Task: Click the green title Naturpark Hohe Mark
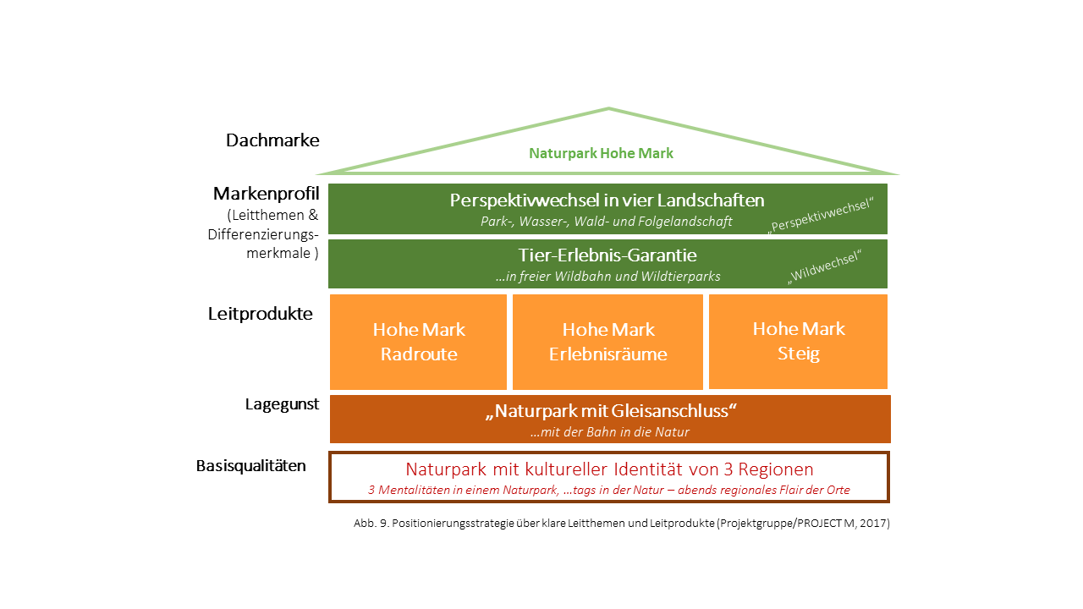coord(601,153)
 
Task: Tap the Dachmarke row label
coord(272,140)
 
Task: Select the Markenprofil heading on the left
coord(267,194)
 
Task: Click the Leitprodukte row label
coord(260,314)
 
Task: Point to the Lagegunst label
coord(282,404)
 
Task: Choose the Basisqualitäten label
coord(251,465)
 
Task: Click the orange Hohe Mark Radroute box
coord(418,342)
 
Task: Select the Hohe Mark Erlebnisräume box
coord(607,342)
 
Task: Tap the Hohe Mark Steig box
coord(798,341)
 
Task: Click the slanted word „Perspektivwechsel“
coord(821,215)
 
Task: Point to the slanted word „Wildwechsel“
coord(825,266)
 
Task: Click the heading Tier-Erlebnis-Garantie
coord(607,255)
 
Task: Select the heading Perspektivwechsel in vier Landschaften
coord(607,200)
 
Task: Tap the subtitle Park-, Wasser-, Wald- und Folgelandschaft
coord(607,222)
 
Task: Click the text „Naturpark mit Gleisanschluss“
coord(611,411)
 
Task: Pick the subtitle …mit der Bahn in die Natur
coord(610,431)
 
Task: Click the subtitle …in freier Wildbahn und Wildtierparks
coord(607,276)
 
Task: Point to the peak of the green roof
coord(608,108)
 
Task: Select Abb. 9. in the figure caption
coord(371,523)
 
